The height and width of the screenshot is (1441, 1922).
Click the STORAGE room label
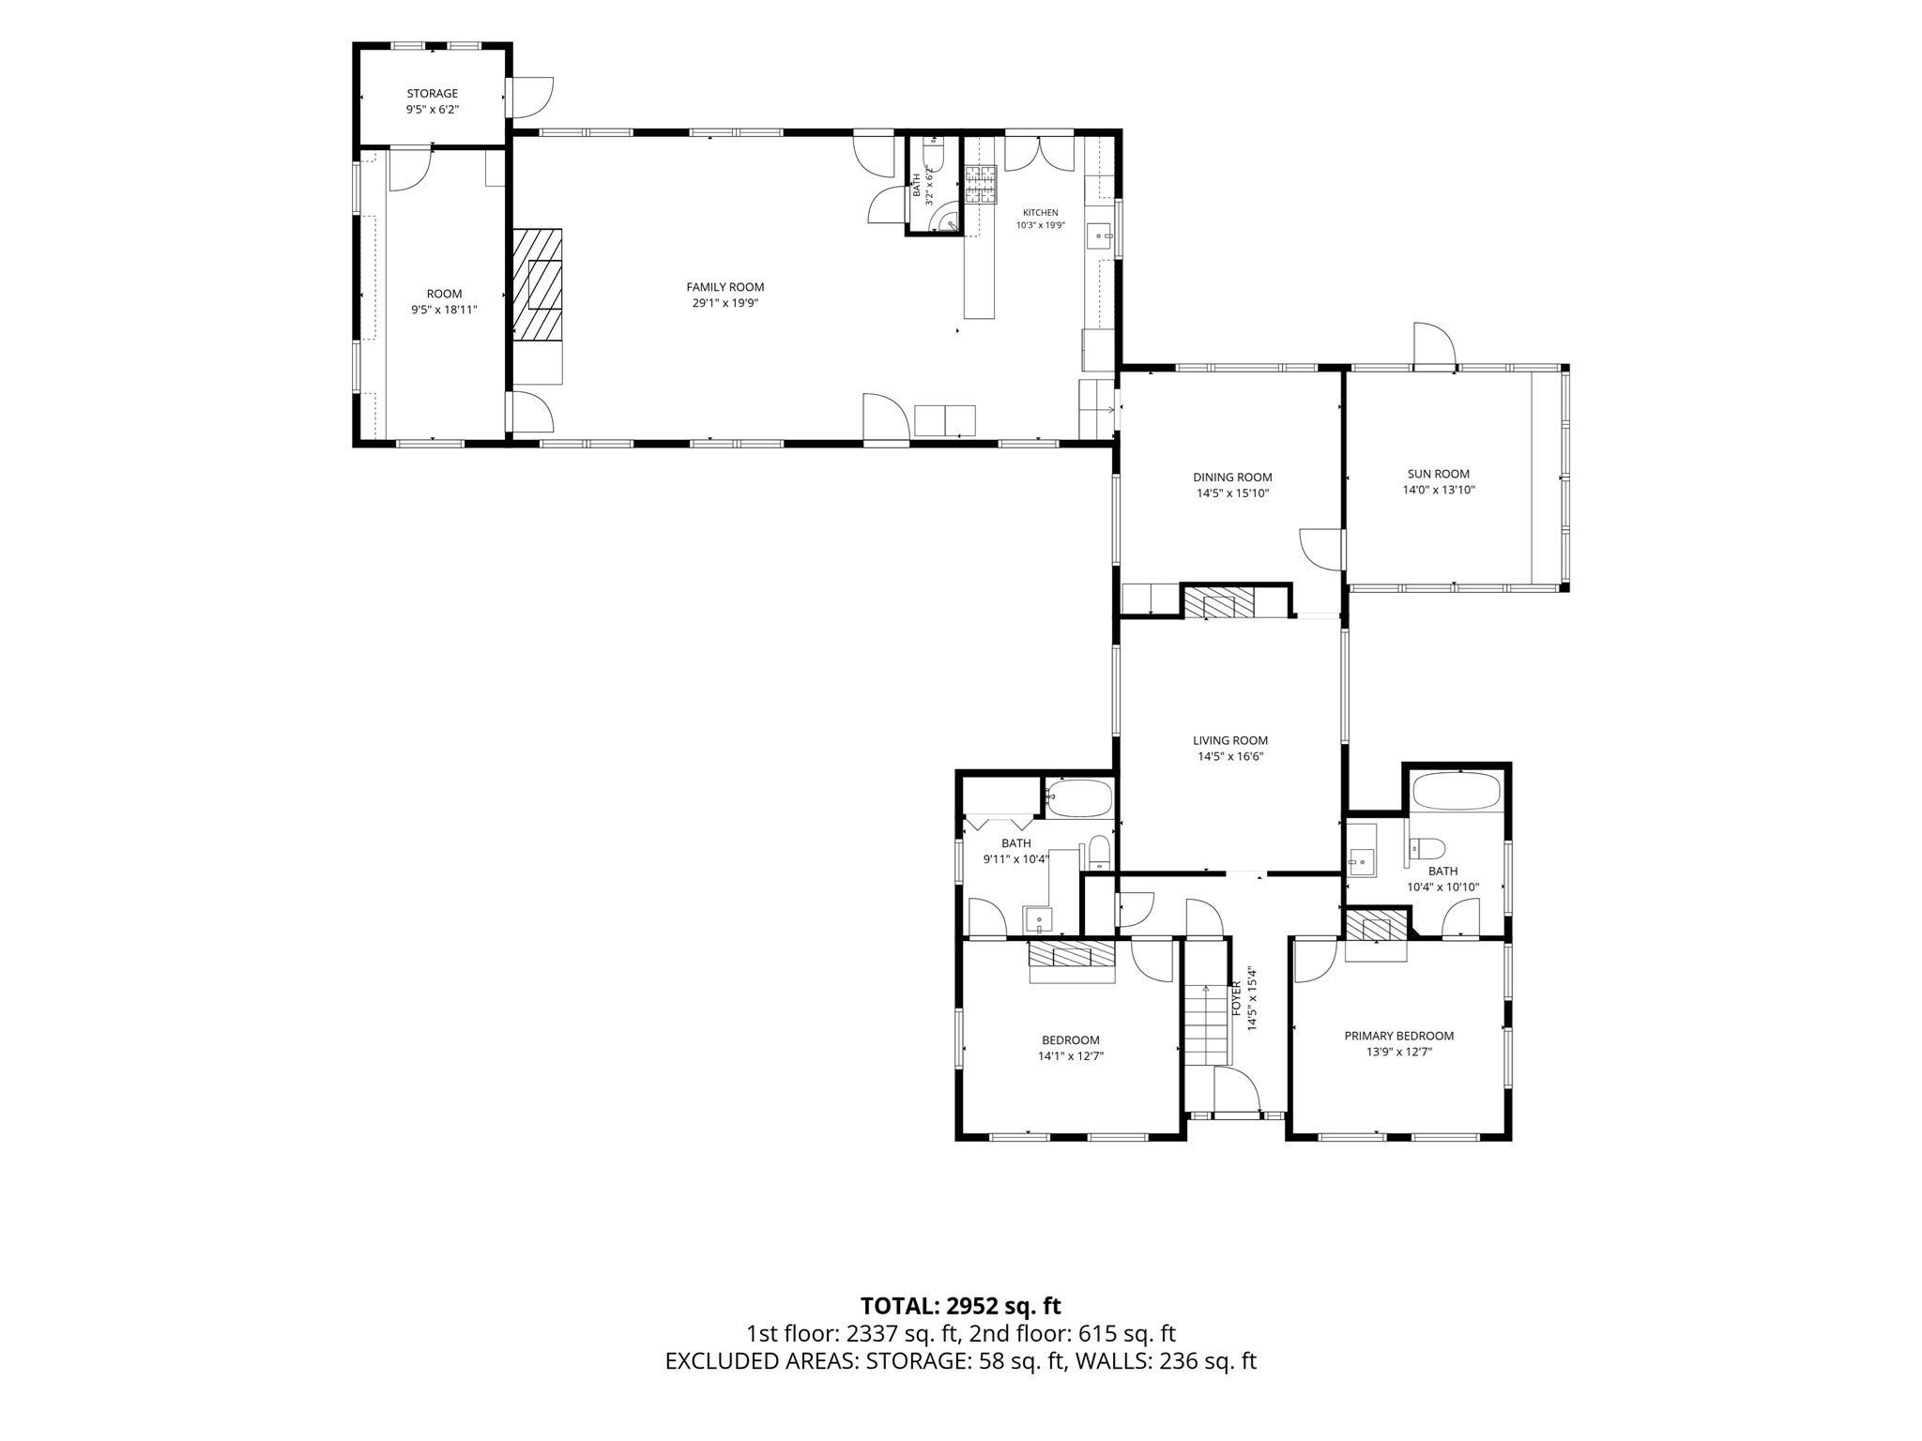(x=432, y=94)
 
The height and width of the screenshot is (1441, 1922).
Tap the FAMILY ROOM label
(x=725, y=287)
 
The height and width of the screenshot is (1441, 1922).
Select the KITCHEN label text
(x=1040, y=213)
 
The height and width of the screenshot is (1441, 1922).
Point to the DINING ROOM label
(x=1232, y=478)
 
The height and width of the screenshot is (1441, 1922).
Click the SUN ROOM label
(x=1438, y=474)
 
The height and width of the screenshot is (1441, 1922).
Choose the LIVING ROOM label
(x=1230, y=740)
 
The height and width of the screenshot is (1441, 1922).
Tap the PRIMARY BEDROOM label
(x=1398, y=1036)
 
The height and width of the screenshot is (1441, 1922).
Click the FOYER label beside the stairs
(x=1237, y=998)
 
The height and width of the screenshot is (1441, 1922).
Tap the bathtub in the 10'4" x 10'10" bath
(x=1458, y=792)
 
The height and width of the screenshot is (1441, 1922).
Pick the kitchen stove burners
(x=980, y=184)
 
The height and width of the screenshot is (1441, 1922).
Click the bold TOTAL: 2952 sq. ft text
(x=961, y=1305)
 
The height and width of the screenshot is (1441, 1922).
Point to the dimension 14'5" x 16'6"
(x=1230, y=756)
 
